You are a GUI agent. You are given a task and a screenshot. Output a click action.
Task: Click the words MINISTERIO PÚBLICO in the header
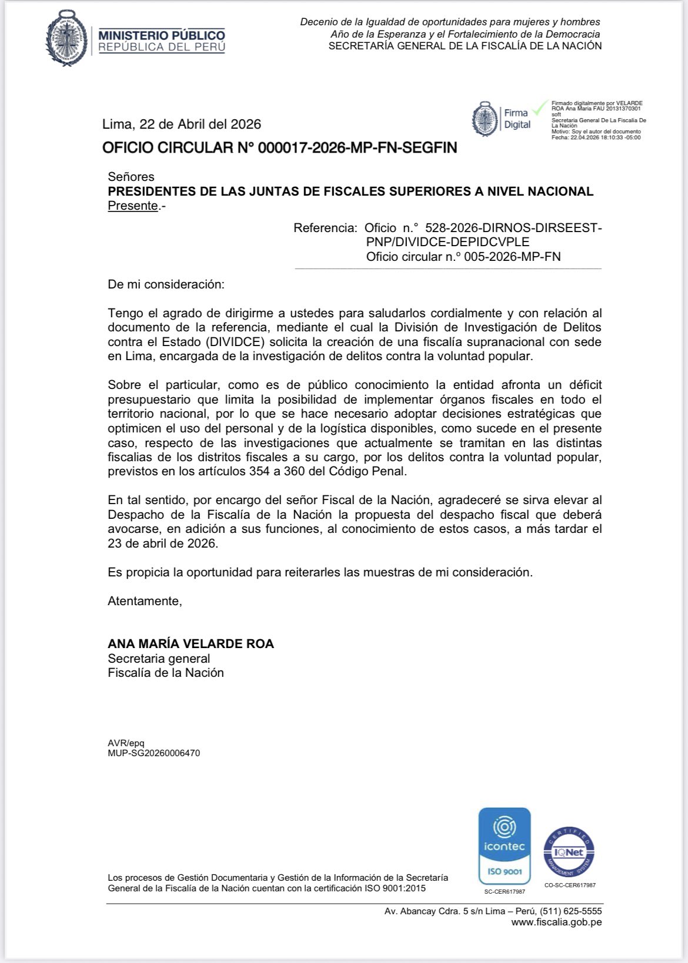162,35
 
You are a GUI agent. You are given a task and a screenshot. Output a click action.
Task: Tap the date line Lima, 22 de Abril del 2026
182,124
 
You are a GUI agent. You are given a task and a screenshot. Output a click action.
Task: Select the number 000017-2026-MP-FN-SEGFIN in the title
358,147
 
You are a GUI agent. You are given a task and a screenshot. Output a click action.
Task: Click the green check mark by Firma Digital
540,109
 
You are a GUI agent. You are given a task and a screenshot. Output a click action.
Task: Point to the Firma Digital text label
517,119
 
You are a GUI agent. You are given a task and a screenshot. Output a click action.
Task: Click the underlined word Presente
133,206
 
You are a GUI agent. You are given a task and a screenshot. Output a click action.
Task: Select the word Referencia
325,228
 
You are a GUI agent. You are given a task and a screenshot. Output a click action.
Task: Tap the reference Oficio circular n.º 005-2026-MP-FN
463,257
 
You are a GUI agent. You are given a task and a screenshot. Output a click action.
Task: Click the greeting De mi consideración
166,284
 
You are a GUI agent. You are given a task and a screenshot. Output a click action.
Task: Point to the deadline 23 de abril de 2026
163,543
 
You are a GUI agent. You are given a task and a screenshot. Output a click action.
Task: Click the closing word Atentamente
145,601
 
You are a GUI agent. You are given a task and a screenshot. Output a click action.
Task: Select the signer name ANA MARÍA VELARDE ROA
191,643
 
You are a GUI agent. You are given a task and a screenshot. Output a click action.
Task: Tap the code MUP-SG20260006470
153,753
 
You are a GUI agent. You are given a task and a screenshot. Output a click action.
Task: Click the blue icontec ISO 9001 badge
505,846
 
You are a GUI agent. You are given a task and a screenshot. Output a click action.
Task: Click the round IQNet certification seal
569,852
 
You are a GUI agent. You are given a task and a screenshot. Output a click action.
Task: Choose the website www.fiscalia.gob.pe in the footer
556,922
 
